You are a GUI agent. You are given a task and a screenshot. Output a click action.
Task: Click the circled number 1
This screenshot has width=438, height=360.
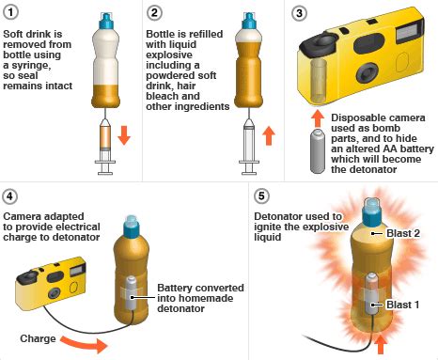(10, 11)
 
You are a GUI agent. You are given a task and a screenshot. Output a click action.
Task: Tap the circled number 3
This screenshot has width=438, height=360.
(300, 11)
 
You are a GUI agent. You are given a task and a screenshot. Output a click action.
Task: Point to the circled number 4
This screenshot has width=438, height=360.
(10, 197)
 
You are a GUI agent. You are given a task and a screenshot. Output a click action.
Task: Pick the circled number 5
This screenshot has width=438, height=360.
(262, 197)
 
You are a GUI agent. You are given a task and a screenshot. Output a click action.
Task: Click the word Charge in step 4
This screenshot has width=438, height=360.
(39, 337)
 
